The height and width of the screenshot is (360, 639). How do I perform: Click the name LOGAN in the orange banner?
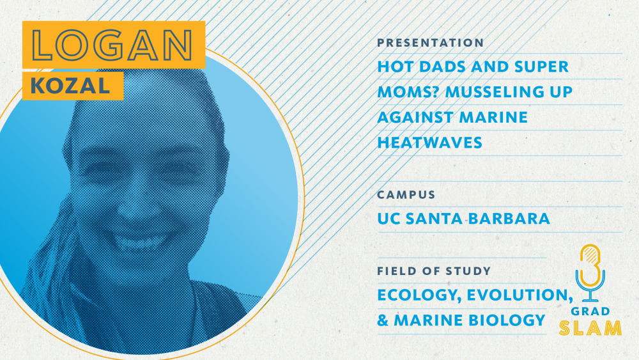(112, 45)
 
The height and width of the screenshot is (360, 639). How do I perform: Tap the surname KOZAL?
(70, 86)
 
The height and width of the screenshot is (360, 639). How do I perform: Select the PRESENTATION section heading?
(430, 43)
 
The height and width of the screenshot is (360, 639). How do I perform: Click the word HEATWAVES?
(429, 143)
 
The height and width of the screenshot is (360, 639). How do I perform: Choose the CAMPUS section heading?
(406, 195)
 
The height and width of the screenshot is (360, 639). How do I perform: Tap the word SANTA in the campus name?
(434, 219)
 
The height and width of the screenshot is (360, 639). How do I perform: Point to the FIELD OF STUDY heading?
(434, 271)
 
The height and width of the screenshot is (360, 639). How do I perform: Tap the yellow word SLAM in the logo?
(590, 328)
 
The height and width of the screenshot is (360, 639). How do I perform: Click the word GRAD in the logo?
(590, 311)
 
